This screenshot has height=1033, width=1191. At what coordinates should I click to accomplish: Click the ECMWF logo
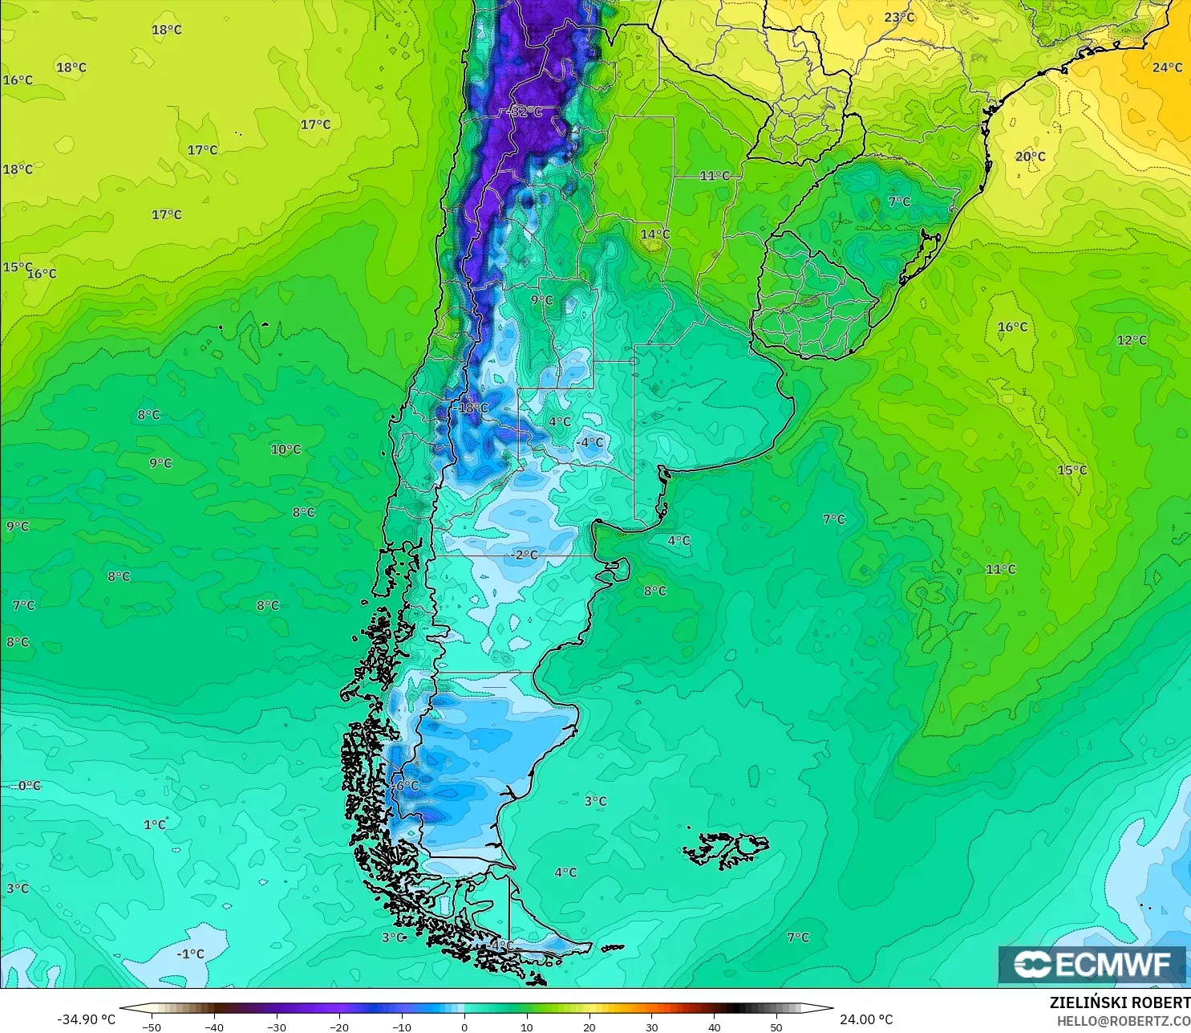(1092, 964)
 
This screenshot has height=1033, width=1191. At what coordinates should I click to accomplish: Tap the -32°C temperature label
(526, 112)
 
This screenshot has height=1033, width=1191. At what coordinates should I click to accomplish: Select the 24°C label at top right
(1167, 67)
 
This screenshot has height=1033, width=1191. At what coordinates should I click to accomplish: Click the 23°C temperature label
(899, 18)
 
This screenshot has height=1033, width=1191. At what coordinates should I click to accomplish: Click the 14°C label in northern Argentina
(654, 234)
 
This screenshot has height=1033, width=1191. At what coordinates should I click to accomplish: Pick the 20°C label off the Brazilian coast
(1030, 157)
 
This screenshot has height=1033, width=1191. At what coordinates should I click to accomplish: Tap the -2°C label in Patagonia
(525, 555)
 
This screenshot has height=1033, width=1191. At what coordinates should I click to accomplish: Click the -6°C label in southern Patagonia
(405, 785)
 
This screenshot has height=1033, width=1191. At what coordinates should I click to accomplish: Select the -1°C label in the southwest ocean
(191, 954)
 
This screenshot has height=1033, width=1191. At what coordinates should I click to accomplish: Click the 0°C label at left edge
(29, 785)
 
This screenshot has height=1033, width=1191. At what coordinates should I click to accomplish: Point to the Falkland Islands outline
(726, 849)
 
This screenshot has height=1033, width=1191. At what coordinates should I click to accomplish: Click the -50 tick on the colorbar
(151, 1027)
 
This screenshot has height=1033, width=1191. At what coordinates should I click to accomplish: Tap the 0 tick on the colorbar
(464, 1027)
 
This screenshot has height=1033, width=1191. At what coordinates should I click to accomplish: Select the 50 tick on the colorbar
(776, 1027)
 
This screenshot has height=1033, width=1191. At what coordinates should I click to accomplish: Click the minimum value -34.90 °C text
(86, 1019)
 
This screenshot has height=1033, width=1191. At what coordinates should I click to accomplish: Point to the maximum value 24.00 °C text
(866, 1019)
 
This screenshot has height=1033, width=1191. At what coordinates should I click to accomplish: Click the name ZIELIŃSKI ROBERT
(1120, 1002)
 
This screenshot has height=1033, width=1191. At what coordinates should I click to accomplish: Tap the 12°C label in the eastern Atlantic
(1132, 340)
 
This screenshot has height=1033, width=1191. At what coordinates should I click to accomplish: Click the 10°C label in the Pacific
(286, 449)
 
